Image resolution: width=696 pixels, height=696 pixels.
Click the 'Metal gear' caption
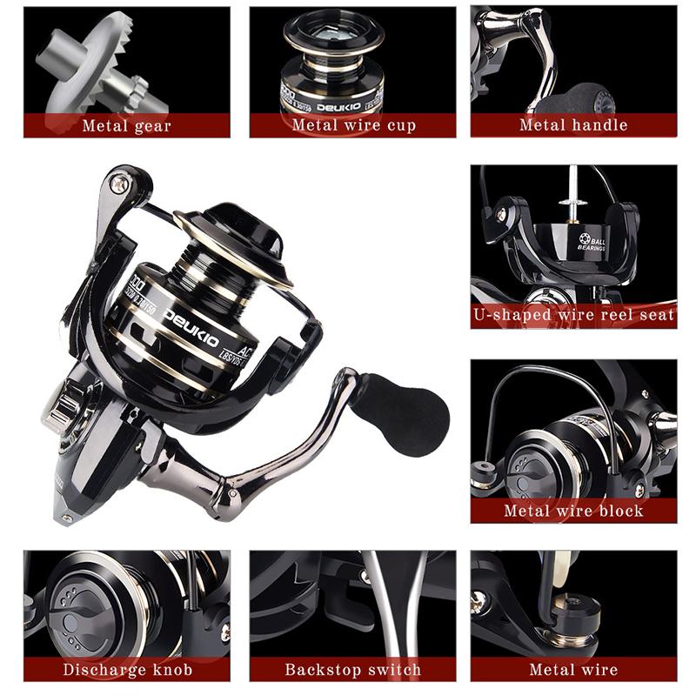(127, 125)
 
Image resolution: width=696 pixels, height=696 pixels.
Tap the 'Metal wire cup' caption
(353, 125)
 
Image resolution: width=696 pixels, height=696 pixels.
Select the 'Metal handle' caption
(573, 125)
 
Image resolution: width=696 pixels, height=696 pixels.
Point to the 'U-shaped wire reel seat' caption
(574, 315)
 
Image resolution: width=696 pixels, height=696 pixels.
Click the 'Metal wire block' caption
(573, 511)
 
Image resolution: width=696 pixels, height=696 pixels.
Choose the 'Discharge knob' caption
(127, 670)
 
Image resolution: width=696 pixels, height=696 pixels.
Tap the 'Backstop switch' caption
(353, 670)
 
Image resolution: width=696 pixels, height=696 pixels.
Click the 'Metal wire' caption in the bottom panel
(573, 670)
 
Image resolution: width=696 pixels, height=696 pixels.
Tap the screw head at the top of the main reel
(120, 183)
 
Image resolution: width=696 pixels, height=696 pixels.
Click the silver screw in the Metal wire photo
(480, 599)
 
